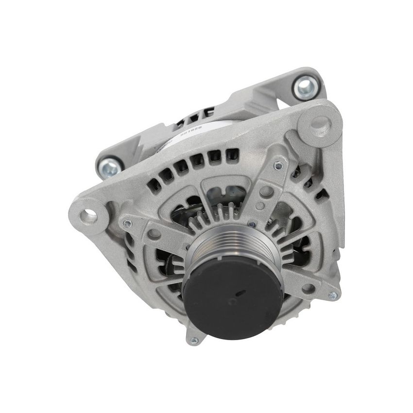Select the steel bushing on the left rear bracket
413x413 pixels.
[x=109, y=168]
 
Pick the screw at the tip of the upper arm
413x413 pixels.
[x=278, y=165]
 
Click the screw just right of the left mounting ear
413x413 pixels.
[x=127, y=223]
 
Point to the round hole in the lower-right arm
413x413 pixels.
[x=307, y=288]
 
